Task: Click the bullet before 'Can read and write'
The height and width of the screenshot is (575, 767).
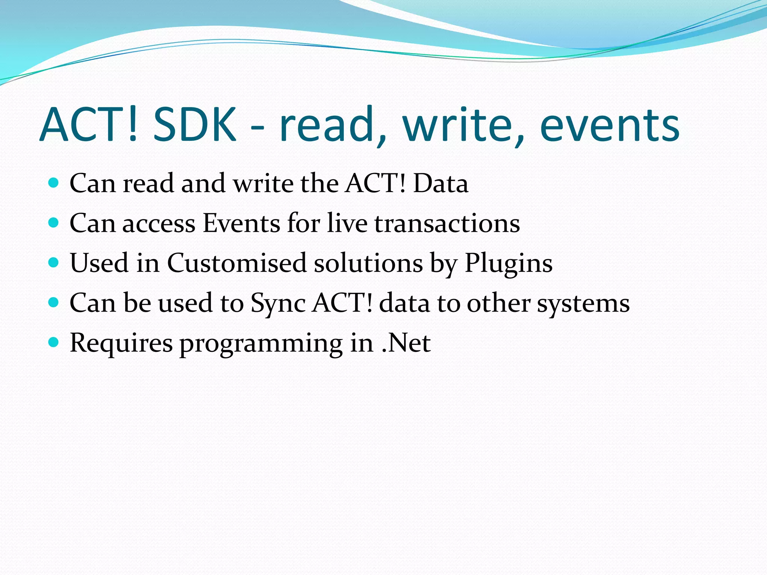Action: pyautogui.click(x=54, y=183)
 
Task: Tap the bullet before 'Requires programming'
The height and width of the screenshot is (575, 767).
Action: pyautogui.click(x=54, y=342)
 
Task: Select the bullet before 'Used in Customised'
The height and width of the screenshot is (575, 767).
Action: pyautogui.click(x=54, y=262)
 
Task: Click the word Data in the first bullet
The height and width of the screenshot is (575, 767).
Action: pyautogui.click(x=440, y=183)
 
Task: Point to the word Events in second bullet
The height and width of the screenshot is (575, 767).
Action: pyautogui.click(x=241, y=223)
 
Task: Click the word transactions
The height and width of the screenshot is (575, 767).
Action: pyautogui.click(x=447, y=223)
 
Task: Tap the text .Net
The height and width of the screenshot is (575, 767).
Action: pyautogui.click(x=406, y=343)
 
